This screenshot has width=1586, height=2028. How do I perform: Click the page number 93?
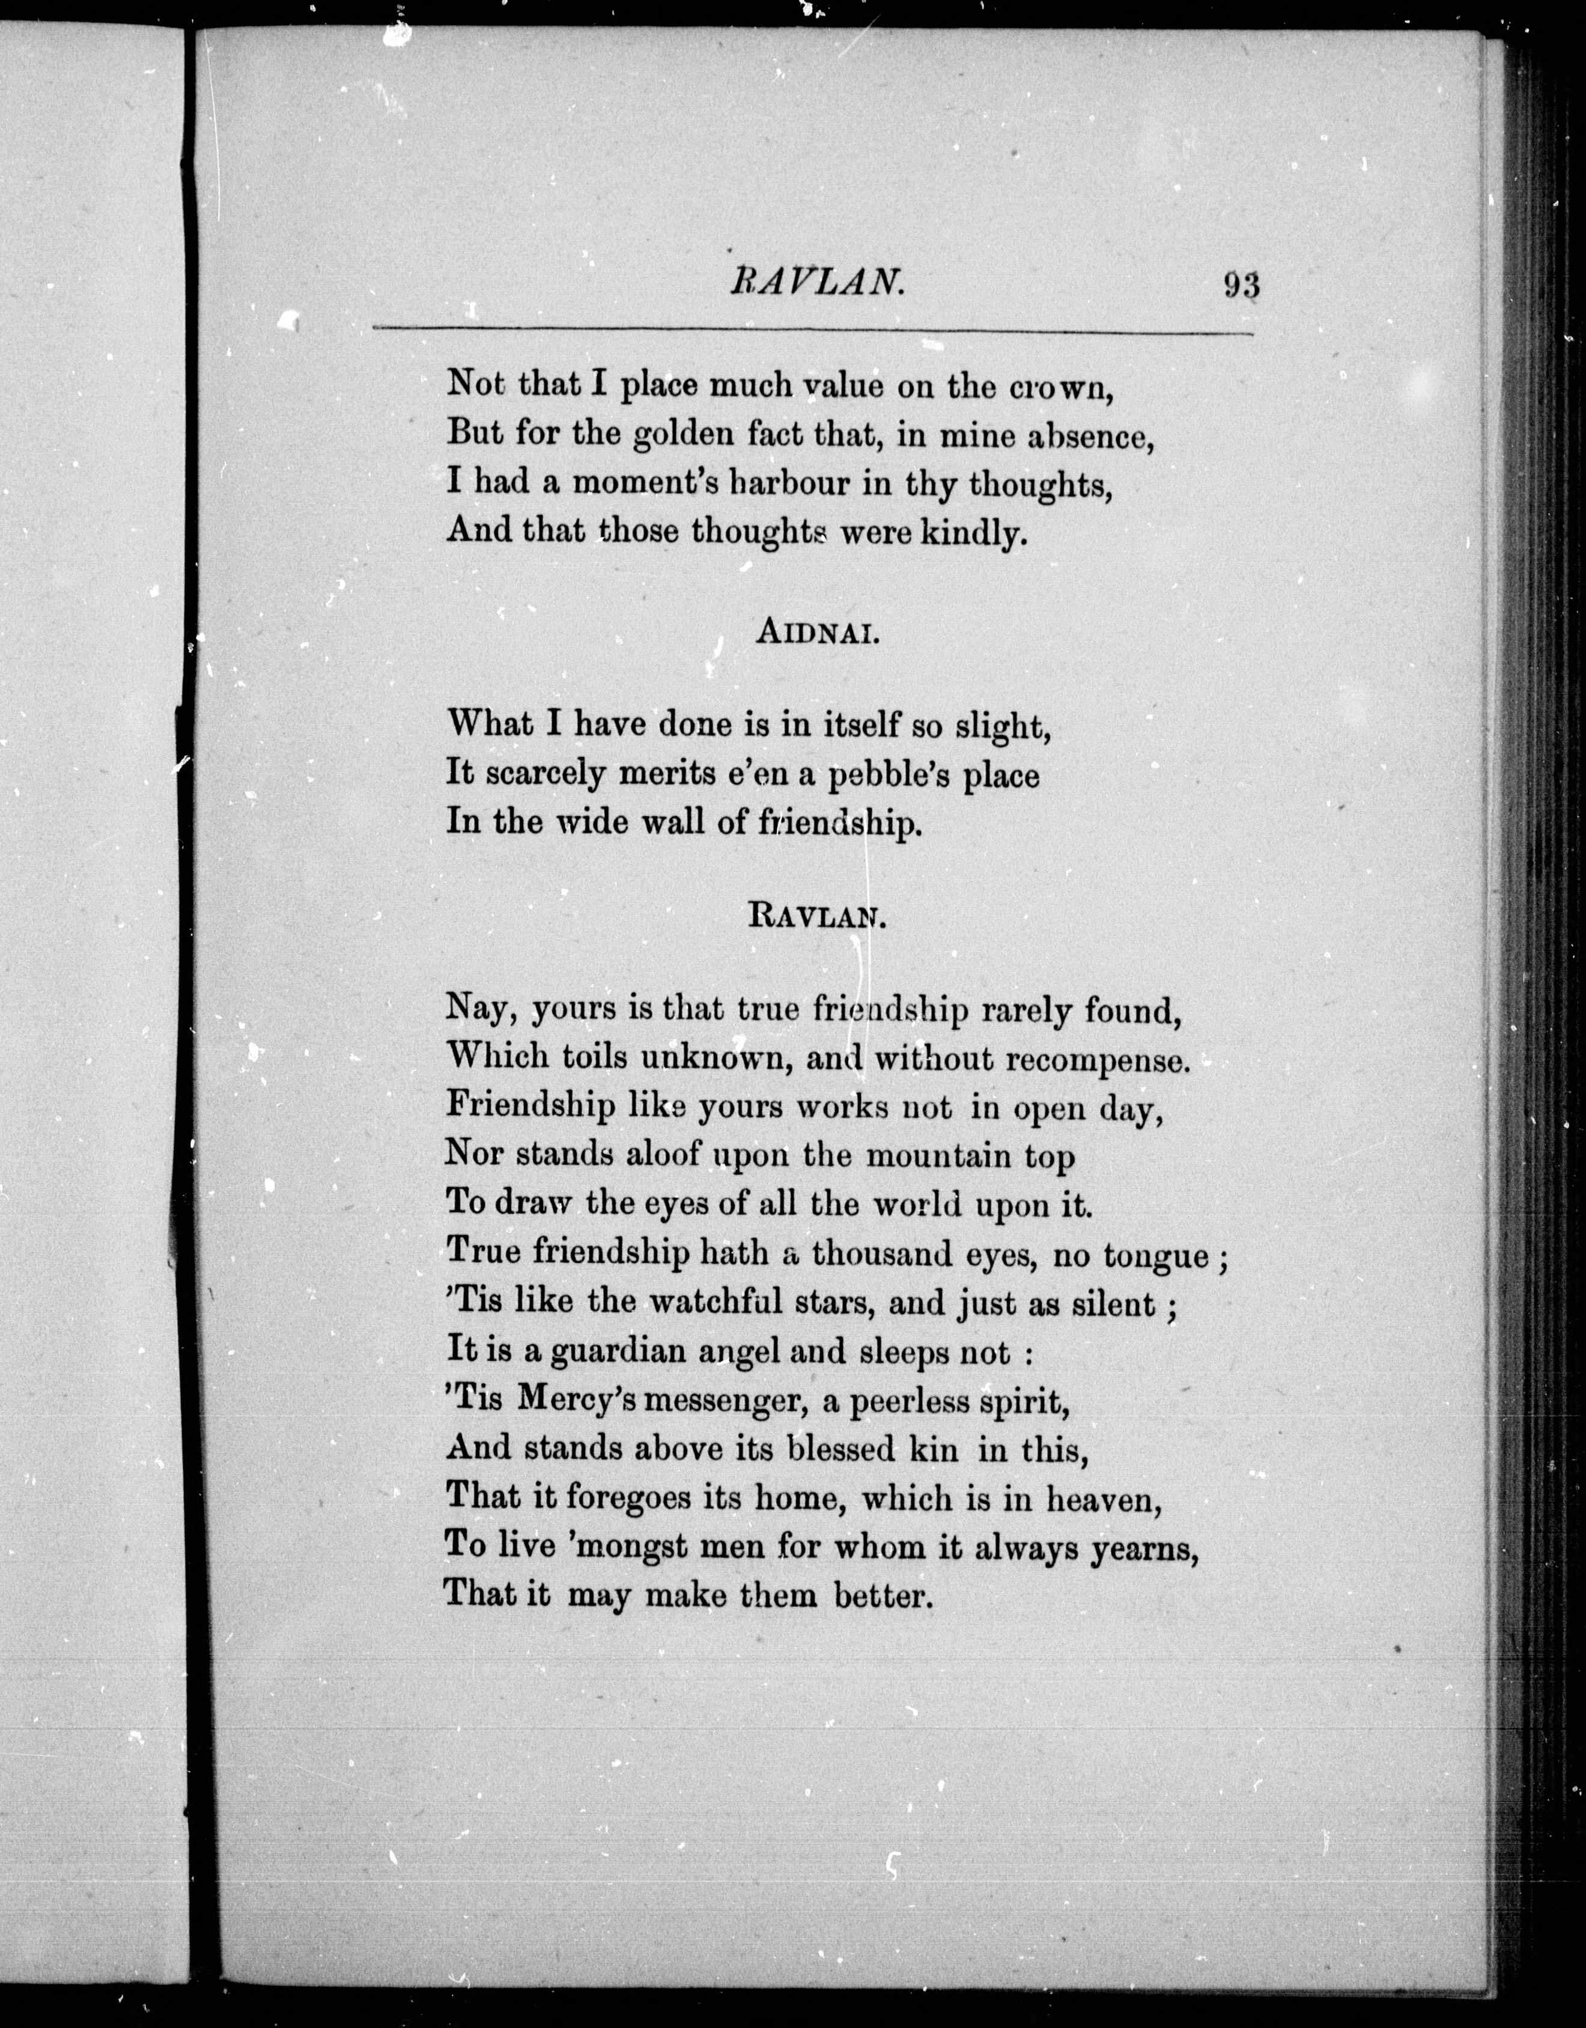[x=1242, y=284]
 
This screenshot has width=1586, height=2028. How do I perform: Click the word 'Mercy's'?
[x=576, y=1400]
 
